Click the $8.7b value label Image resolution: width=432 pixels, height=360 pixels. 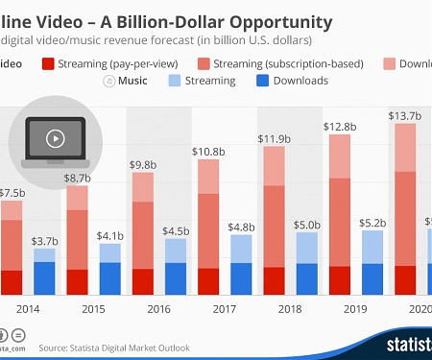pos(79,179)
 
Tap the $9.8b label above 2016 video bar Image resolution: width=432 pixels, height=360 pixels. pos(144,164)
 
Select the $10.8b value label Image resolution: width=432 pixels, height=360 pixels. pos(209,152)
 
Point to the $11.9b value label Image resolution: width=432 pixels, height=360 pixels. pos(274,139)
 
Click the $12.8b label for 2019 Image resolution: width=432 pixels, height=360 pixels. pos(340,127)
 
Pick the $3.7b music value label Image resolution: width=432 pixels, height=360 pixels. pos(46,240)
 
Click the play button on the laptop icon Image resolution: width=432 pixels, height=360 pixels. pos(55,137)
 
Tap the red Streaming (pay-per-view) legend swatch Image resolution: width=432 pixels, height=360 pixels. pos(47,64)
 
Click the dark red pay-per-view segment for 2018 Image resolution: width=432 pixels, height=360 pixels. pos(274,280)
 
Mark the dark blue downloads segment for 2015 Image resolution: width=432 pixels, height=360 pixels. pos(111,278)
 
